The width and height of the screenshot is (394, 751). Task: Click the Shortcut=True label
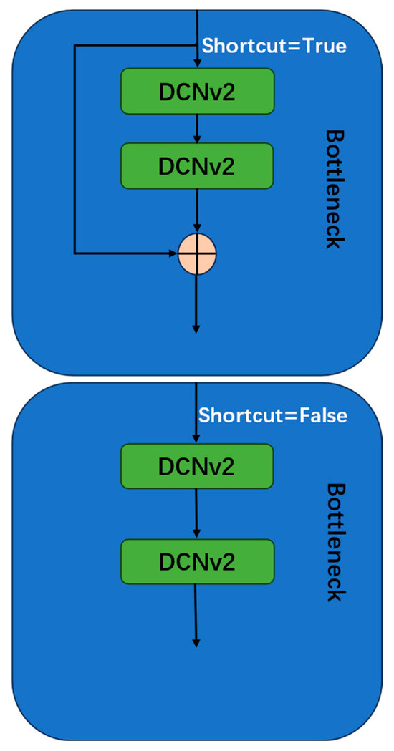(x=274, y=47)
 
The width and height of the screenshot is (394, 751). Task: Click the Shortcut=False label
(x=272, y=415)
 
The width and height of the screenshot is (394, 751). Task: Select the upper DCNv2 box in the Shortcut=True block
(x=197, y=90)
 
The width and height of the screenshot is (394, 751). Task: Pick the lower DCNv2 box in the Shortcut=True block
(x=197, y=165)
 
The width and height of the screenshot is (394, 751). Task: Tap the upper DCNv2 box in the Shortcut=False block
(x=197, y=466)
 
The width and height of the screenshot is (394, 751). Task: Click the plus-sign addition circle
(x=197, y=253)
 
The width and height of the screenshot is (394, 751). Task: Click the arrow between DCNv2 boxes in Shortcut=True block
(x=197, y=127)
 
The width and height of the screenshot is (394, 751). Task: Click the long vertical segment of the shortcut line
(x=75, y=150)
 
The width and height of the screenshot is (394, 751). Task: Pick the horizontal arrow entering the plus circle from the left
(x=125, y=253)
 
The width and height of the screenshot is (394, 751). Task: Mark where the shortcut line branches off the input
(x=197, y=47)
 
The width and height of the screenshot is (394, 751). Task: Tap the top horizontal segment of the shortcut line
(x=136, y=47)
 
